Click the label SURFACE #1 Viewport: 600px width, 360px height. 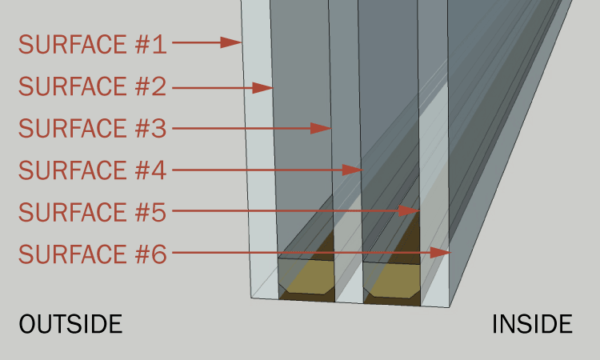pos(92,44)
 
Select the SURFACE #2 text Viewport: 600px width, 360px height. pos(92,87)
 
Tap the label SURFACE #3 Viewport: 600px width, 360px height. pos(92,128)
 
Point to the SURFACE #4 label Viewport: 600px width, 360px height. pos(92,170)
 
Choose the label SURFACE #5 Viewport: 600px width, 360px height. pos(92,212)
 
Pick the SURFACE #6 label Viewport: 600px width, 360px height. pos(92,254)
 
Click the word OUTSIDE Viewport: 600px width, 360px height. pos(70,325)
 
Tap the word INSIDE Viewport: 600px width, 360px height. pos(532,325)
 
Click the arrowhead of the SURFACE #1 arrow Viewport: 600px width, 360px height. pos(237,43)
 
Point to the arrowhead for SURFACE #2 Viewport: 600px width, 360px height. pos(267,88)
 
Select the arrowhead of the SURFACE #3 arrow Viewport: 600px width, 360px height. pos(325,128)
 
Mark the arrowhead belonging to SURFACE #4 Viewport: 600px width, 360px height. pos(355,170)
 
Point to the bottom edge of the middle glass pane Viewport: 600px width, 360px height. pos(348,300)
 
